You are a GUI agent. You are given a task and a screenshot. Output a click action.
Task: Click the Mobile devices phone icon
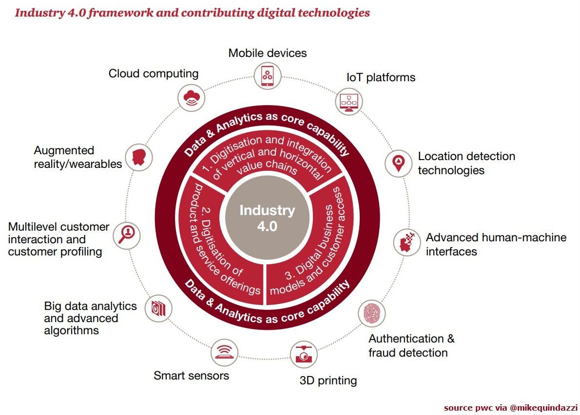point(267,75)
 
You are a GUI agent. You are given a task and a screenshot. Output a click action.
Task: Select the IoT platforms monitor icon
point(349,102)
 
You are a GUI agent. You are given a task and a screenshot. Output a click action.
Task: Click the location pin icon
point(398,162)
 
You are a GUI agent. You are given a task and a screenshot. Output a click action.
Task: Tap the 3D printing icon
point(303,354)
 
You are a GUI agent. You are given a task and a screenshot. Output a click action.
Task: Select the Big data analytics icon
point(158,307)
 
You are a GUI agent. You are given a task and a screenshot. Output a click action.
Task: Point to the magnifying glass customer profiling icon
point(128,235)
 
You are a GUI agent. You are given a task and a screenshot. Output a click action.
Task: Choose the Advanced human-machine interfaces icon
point(407,242)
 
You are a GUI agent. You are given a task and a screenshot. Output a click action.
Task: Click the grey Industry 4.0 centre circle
point(267,218)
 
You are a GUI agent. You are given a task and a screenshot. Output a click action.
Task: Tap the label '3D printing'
point(328,380)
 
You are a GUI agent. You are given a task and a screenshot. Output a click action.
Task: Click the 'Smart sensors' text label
point(191,375)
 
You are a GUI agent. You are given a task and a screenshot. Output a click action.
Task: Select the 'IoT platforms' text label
point(381,77)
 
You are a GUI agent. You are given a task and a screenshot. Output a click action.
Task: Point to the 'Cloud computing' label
point(154,73)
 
